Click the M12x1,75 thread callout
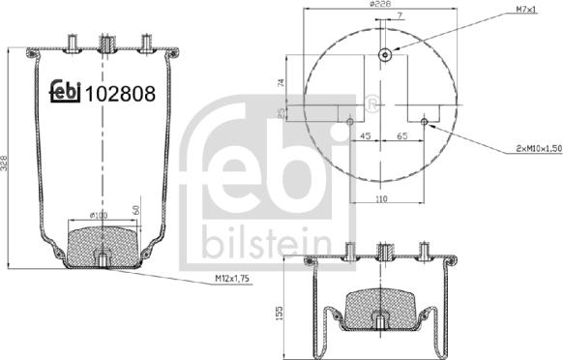[x=233, y=281]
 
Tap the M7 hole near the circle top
[x=385, y=54]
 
